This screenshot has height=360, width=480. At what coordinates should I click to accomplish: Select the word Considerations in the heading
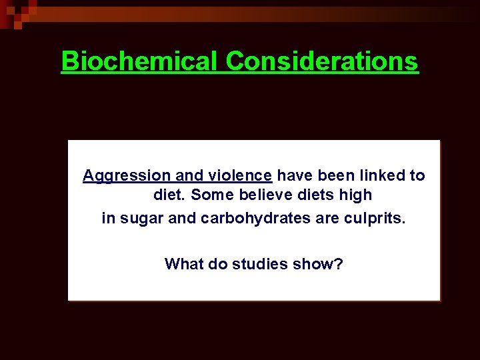(322, 61)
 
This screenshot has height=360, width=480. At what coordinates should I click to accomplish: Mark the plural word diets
(313, 196)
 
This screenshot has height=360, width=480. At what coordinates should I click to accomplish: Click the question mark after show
(339, 264)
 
